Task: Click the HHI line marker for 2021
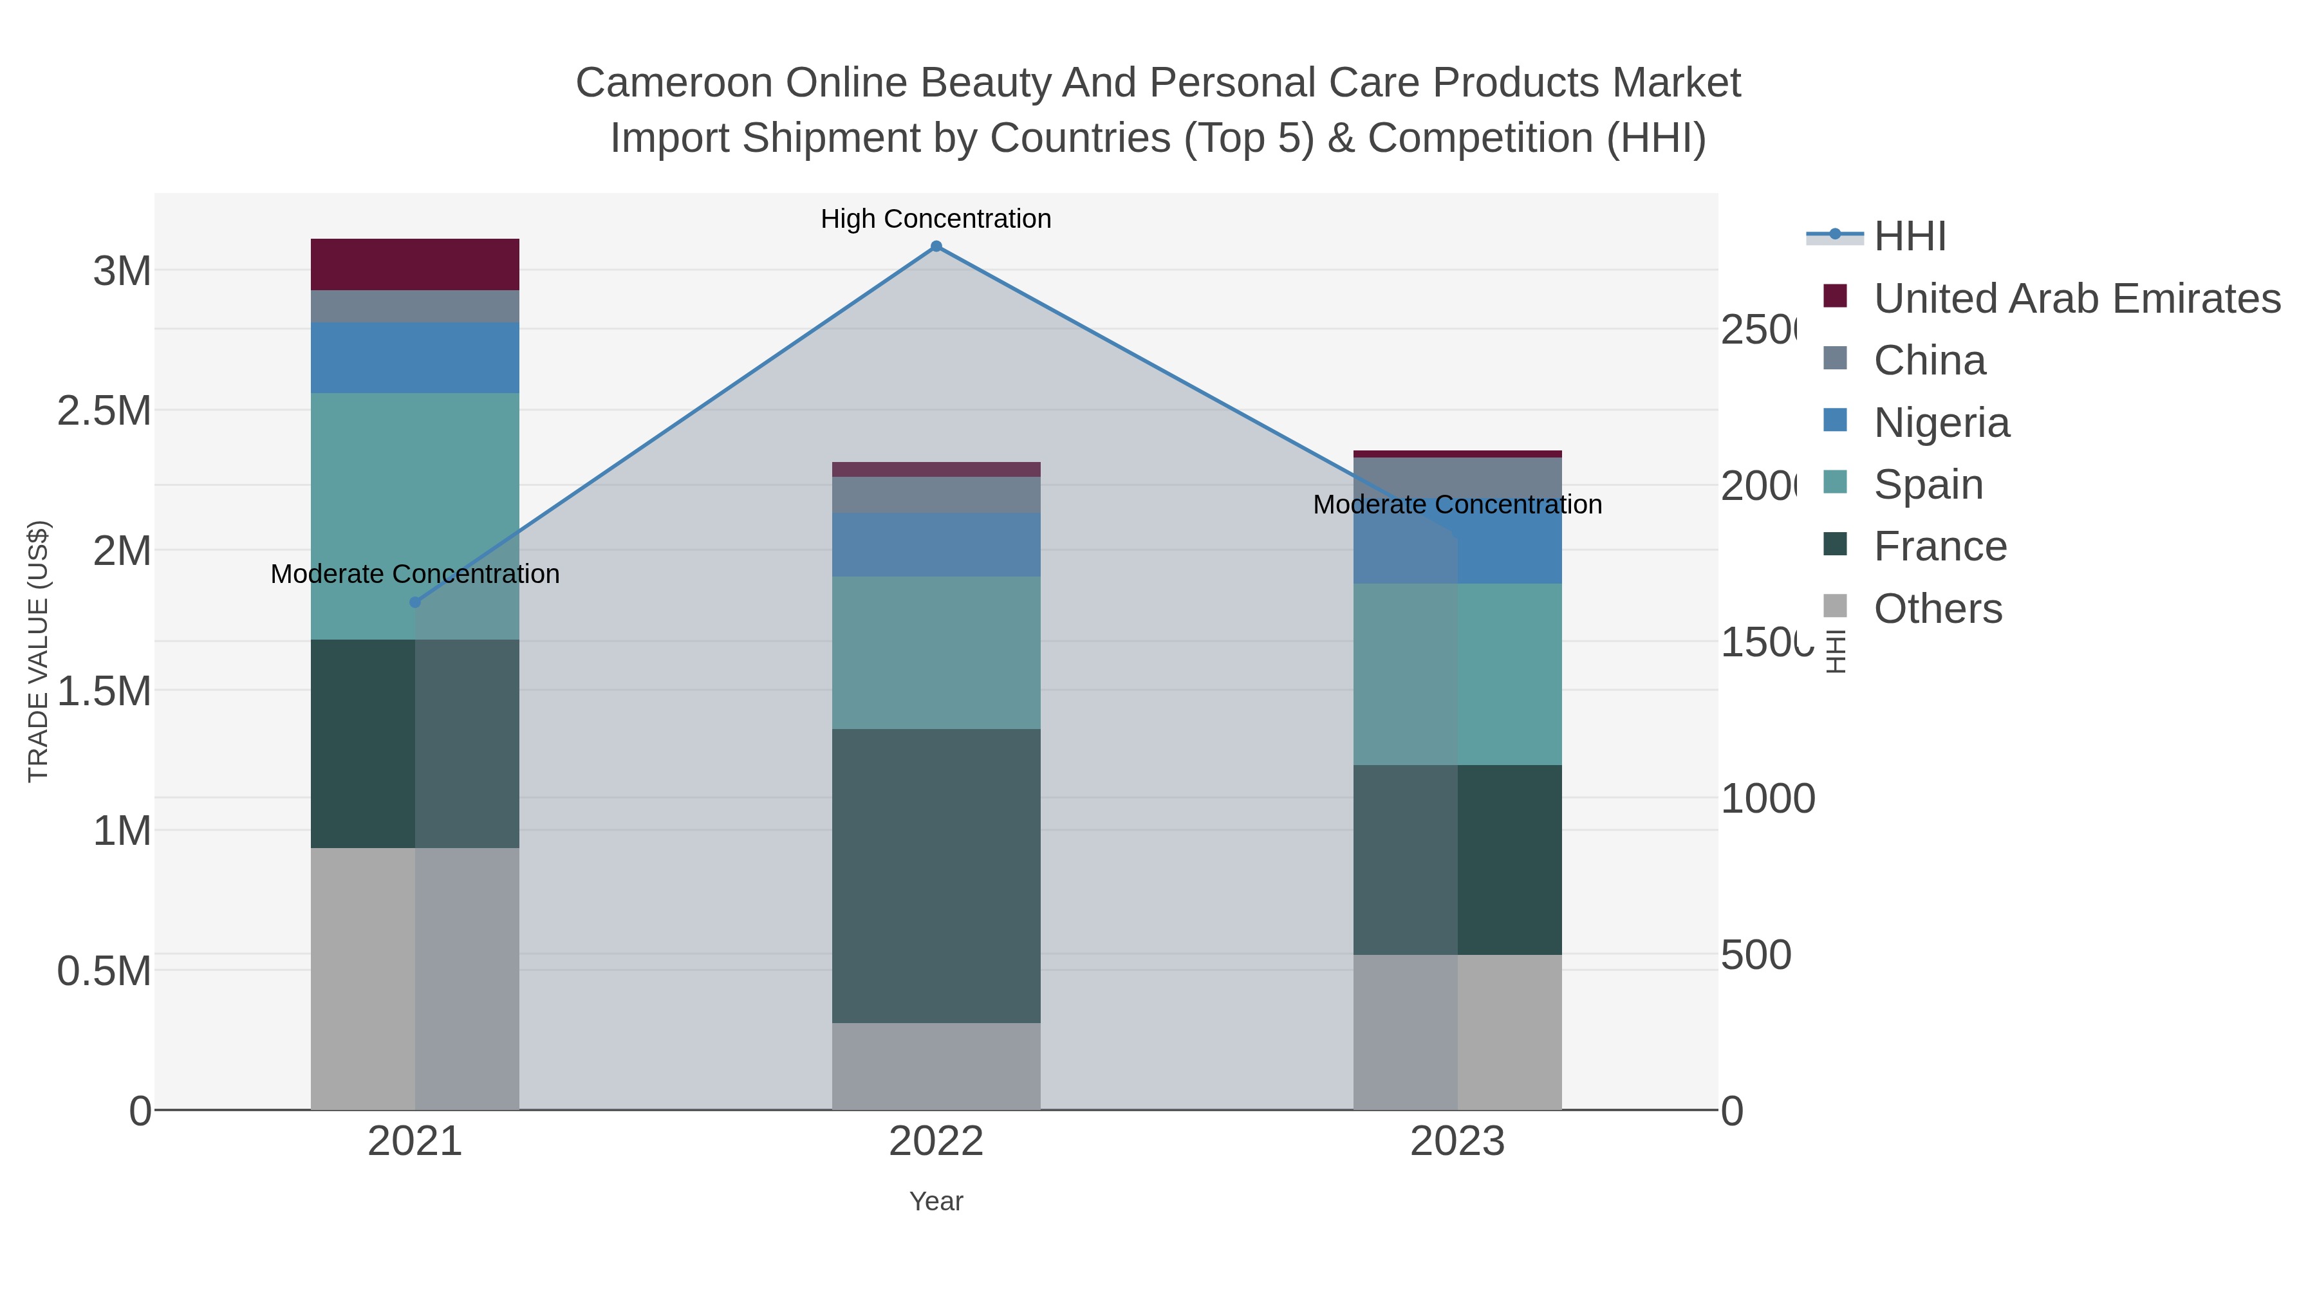click(414, 602)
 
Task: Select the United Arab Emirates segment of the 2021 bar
click(414, 264)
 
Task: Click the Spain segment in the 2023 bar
click(1457, 674)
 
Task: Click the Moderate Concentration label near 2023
click(1457, 504)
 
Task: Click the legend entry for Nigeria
click(1941, 421)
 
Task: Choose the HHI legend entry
click(1910, 236)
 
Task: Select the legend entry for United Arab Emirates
click(2076, 298)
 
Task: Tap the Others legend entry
click(1937, 608)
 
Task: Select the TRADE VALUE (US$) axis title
click(38, 651)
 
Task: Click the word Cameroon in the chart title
click(674, 83)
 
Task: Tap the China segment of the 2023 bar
click(1457, 477)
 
